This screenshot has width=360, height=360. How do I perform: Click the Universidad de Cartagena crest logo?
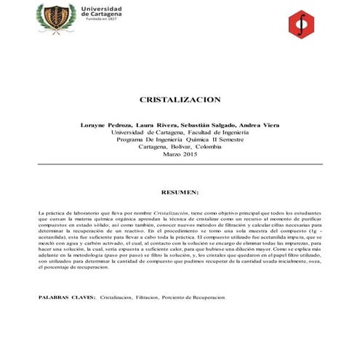[56, 17]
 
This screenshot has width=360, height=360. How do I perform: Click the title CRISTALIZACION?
[180, 99]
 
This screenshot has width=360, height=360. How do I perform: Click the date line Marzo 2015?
[180, 155]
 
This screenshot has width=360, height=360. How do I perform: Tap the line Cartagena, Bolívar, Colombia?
[180, 148]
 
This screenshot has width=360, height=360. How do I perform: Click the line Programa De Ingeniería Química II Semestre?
[180, 140]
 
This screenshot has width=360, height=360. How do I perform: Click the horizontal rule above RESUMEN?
[180, 165]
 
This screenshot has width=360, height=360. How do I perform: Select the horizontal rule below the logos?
[180, 42]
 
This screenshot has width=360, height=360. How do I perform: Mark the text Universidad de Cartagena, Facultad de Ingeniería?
[180, 133]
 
